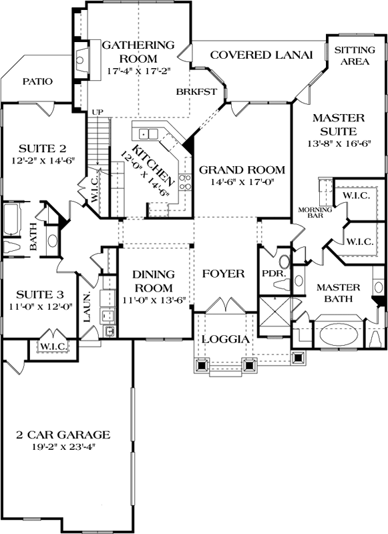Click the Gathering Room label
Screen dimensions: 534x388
pyautogui.click(x=138, y=52)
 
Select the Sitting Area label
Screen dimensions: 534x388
pyautogui.click(x=354, y=55)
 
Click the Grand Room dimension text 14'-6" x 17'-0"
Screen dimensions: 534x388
pyautogui.click(x=242, y=182)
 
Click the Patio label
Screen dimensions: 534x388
pyautogui.click(x=37, y=81)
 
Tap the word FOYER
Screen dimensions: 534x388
pyautogui.click(x=222, y=274)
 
